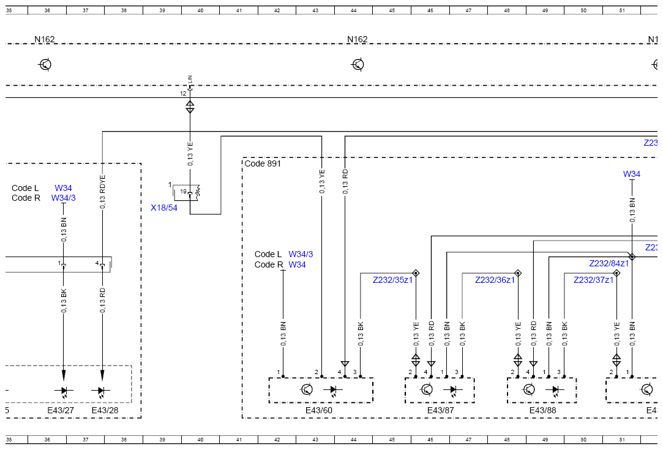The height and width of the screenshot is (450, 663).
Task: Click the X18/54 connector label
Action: (164, 208)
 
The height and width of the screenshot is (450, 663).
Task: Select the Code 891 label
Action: (263, 163)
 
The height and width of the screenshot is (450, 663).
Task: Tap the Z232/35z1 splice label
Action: (392, 280)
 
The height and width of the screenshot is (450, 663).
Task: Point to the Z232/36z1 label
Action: (495, 280)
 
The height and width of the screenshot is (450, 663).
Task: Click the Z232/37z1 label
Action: (593, 280)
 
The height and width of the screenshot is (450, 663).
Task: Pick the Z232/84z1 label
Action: (609, 263)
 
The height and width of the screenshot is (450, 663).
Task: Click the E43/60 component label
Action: (319, 410)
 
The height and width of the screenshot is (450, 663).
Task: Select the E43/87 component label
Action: (441, 410)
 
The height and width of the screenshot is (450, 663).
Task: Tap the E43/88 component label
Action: (543, 410)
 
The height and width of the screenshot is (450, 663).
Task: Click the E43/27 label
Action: (61, 410)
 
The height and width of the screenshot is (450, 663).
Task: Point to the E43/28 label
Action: (105, 410)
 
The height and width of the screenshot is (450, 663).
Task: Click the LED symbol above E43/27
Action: (64, 391)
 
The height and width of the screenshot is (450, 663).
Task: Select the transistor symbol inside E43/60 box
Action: (307, 389)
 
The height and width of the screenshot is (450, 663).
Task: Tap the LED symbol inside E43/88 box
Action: (555, 390)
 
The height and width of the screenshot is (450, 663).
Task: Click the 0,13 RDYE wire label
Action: (102, 192)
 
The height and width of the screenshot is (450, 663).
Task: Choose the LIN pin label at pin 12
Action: (190, 79)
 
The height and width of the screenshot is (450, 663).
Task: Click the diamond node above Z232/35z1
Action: (416, 273)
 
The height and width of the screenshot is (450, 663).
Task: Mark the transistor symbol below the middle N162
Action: (358, 65)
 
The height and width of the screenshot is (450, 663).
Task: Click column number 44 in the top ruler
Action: (353, 10)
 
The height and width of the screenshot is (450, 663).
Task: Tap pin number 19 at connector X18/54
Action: (183, 192)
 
